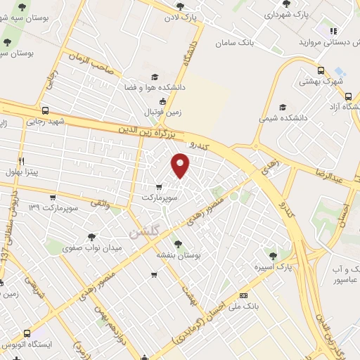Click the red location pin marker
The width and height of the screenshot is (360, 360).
181,165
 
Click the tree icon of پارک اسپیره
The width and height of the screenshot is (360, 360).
273,255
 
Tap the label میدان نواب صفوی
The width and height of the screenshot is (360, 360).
93,248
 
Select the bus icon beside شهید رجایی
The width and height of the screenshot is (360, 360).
46,110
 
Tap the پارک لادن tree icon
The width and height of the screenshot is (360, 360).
180,6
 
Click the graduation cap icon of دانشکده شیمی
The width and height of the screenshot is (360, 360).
282,108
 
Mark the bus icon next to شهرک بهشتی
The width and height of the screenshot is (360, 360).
321,70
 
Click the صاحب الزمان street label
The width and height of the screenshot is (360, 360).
89,59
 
